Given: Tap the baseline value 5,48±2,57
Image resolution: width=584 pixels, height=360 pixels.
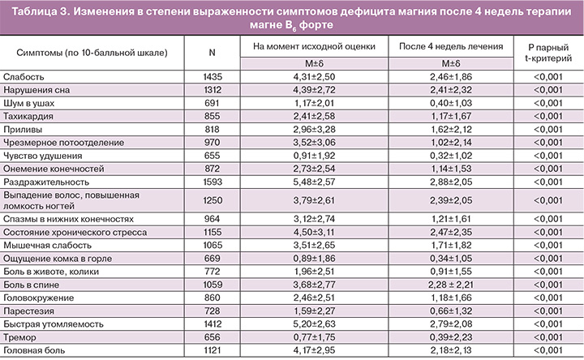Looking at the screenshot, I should tap(313, 184).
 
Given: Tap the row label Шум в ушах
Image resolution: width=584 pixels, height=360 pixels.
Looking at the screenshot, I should tap(28, 104).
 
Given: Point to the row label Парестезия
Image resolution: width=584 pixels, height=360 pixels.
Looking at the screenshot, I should tap(28, 310).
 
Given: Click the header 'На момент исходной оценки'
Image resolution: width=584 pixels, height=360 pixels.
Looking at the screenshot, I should tap(313, 48).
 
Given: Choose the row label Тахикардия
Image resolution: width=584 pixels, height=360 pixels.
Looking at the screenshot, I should tap(28, 117).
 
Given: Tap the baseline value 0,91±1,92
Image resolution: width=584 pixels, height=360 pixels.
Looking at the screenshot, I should tap(313, 157).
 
